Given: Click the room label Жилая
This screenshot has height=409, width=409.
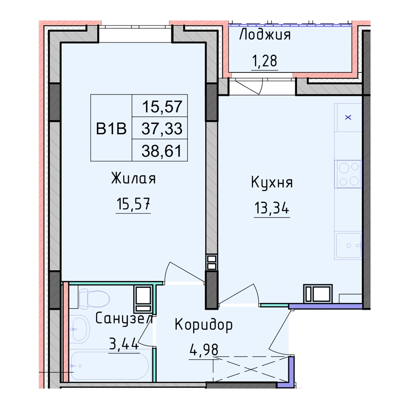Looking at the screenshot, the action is [x=133, y=178].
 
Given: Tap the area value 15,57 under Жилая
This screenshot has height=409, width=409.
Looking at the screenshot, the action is [x=133, y=204].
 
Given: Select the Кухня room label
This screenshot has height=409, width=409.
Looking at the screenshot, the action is [x=272, y=182].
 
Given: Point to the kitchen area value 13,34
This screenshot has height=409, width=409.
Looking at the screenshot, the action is [x=272, y=208].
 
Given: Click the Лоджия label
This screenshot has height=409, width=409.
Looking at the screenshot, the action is [x=265, y=34].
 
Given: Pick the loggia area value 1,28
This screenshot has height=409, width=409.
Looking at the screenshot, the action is [x=265, y=61].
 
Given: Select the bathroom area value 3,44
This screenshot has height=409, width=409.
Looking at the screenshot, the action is [x=124, y=344].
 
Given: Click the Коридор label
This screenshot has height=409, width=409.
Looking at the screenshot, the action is [x=203, y=325].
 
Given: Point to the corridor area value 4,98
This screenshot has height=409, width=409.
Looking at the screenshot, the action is [x=204, y=350].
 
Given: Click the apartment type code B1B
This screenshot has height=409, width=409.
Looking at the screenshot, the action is [x=111, y=128].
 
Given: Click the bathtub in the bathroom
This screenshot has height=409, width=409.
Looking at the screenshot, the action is [x=110, y=365].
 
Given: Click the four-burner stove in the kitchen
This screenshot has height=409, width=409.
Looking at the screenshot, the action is [x=348, y=174].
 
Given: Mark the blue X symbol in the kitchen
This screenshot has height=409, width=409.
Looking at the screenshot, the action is [x=348, y=117].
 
